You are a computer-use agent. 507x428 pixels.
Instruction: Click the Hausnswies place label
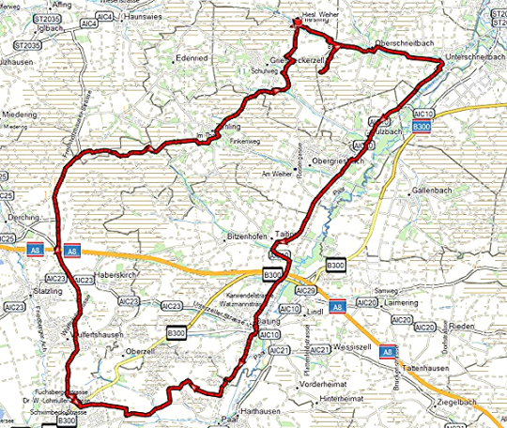point(143,17)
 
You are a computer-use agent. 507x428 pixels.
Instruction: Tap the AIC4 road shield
point(104,17)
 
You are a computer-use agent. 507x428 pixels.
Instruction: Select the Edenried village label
point(191,58)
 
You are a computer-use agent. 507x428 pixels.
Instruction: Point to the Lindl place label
point(315,310)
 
